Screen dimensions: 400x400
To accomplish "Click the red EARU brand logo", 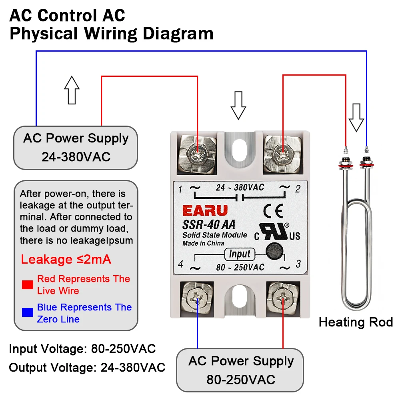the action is click(205, 211).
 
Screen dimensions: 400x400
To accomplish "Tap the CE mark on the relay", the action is click(273, 211).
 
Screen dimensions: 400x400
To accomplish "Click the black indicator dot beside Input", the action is click(274, 251).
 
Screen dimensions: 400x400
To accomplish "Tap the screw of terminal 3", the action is click(283, 298).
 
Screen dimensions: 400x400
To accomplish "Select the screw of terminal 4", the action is click(197, 298).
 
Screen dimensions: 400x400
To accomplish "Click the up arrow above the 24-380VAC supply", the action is click(72, 90).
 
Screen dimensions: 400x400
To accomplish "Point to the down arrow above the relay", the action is click(238, 105).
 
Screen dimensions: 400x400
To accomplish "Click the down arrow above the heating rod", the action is click(356, 118).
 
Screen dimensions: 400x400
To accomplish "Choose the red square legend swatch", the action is click(28, 285).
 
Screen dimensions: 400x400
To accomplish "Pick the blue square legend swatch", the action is click(28, 312).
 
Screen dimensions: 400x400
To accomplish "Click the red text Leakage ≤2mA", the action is click(66, 260).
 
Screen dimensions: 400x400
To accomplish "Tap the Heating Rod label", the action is click(356, 322).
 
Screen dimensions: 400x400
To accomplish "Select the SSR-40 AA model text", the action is click(209, 224).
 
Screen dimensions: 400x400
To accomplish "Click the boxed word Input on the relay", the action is click(240, 254).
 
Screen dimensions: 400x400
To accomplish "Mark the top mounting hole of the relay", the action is click(239, 150).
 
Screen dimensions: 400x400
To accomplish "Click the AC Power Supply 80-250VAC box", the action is click(240, 370).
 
